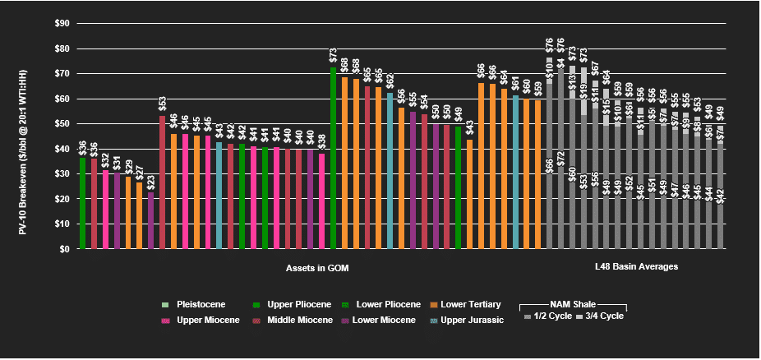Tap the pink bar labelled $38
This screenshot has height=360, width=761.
321,201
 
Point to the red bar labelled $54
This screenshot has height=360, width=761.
424,181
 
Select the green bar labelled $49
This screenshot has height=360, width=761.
458,187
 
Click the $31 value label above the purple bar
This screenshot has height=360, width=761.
117,163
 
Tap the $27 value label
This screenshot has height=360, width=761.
139,173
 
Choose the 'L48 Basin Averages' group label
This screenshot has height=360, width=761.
636,268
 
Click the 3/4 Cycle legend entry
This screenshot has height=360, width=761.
600,316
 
